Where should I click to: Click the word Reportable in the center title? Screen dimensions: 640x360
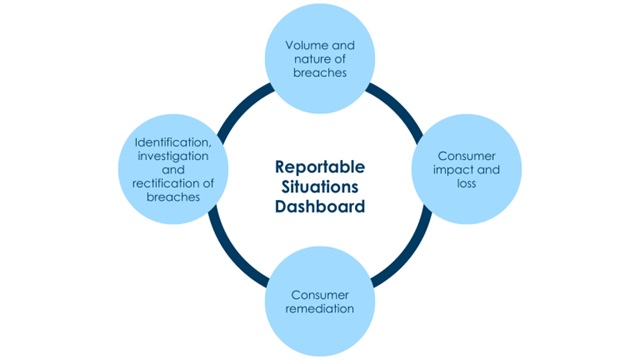pos(320,167)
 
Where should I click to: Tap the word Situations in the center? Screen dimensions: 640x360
pos(320,187)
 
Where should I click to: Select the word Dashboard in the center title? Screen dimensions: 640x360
pos(320,207)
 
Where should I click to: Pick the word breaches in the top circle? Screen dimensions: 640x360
pos(320,73)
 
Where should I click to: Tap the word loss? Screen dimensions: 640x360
pos(467,183)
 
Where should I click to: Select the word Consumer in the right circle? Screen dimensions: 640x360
pos(467,156)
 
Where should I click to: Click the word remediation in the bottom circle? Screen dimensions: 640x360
pos(320,309)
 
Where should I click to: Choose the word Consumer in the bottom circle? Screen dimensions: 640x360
pos(320,295)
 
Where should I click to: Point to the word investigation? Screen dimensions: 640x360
pos(173,156)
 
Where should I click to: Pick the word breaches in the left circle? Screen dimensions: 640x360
pos(173,197)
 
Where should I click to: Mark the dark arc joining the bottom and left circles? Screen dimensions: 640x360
pos(232,252)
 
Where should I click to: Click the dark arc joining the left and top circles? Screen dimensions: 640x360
pos(241,108)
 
